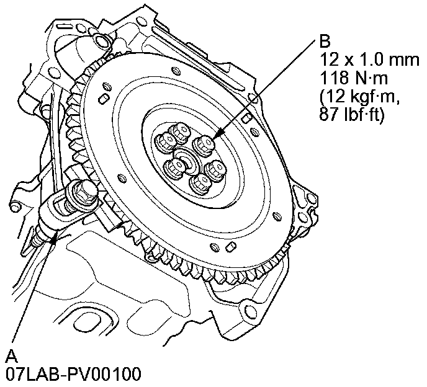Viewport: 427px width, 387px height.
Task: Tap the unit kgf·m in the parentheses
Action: tap(370, 96)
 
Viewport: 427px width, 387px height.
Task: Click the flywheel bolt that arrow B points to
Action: tap(204, 145)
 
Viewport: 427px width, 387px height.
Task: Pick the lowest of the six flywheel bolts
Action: tap(200, 183)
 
